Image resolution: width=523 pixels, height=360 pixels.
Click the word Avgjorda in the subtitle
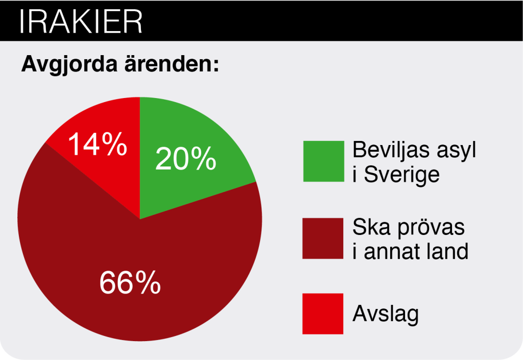click(69, 64)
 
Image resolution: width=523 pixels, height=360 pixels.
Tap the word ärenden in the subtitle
click(172, 63)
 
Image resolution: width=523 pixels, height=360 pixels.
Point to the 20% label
click(186, 159)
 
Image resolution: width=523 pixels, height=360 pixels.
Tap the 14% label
click(98, 144)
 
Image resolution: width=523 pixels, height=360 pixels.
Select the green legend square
click(323, 161)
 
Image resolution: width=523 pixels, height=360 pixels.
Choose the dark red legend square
click(323, 238)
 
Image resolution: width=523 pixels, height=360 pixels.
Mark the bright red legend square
click(323, 314)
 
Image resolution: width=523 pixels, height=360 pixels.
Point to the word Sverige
click(401, 175)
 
